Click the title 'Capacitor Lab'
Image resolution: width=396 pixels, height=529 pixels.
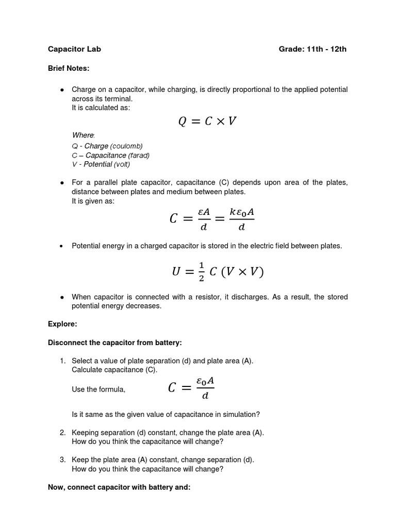74,49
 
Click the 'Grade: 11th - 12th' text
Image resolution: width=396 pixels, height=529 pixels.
312,49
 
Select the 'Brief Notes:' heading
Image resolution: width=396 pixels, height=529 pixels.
69,68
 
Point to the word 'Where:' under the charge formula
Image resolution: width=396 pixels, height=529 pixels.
84,135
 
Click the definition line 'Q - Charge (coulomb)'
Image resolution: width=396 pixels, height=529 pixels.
107,146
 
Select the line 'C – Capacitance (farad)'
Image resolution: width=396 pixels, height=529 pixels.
111,155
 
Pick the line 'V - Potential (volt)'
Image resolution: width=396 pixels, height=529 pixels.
101,164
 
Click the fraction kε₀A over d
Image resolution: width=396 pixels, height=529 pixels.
238,219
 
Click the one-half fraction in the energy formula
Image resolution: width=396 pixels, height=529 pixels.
201,271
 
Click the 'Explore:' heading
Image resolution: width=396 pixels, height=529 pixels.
62,324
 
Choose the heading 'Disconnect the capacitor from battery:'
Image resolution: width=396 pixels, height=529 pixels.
114,343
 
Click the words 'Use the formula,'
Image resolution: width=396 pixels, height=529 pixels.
98,390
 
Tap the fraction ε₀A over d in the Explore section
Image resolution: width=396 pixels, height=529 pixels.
205,388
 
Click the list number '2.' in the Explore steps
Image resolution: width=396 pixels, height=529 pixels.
62,432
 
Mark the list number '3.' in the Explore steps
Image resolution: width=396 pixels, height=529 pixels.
62,459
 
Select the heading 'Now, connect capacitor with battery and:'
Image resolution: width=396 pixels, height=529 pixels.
119,487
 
